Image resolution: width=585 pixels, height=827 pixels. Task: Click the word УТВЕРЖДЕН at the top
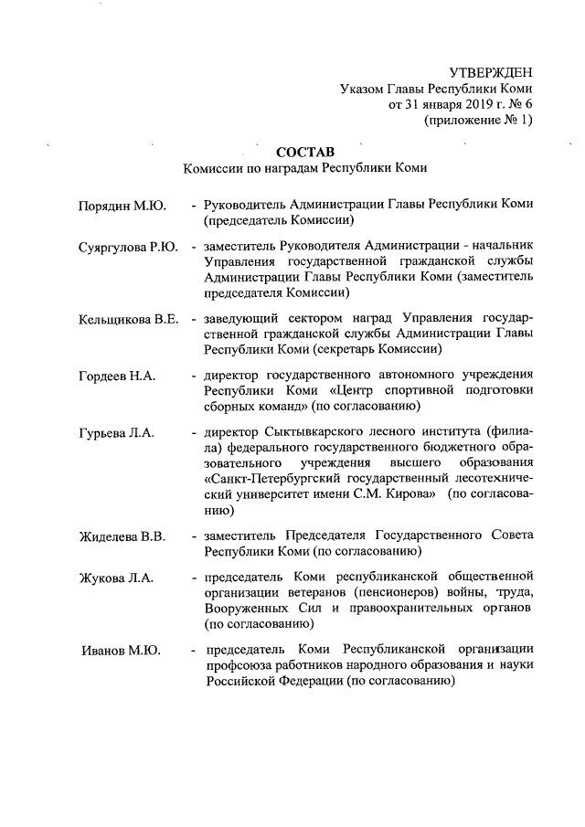click(x=491, y=72)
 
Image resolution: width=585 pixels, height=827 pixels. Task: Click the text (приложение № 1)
click(x=478, y=120)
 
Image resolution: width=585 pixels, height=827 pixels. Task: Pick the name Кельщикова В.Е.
click(x=128, y=319)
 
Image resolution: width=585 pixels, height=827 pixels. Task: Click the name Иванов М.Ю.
click(x=120, y=651)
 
